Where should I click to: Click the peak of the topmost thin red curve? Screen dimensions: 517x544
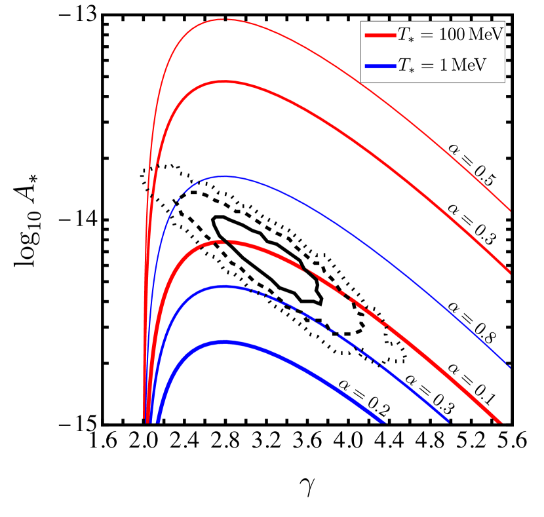pos(224,20)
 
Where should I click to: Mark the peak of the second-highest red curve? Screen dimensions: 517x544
pos(224,81)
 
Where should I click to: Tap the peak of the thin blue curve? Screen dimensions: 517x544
pos(224,176)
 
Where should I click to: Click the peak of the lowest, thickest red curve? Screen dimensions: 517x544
pos(224,242)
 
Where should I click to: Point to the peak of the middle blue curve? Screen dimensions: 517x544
pos(224,286)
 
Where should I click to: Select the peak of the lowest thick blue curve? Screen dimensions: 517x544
pos(224,342)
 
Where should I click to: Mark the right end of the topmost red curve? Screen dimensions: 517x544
pos(509,210)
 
